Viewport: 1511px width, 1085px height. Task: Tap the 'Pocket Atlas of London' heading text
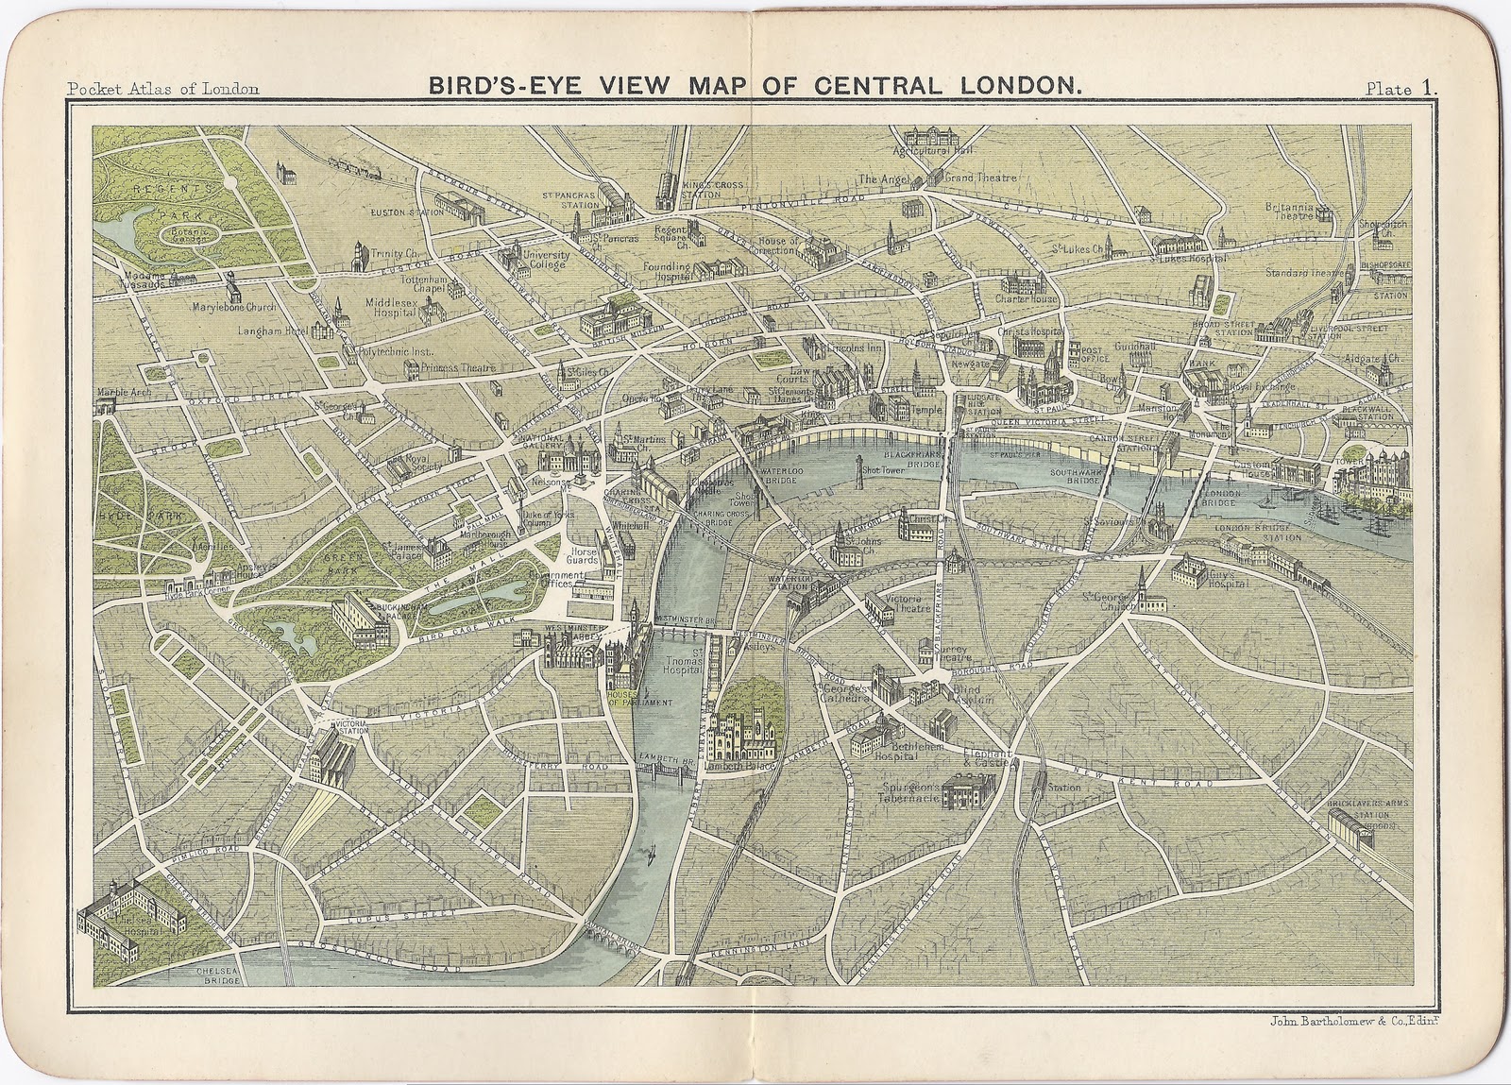coord(162,90)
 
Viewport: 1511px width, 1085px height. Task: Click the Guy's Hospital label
coord(1224,579)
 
